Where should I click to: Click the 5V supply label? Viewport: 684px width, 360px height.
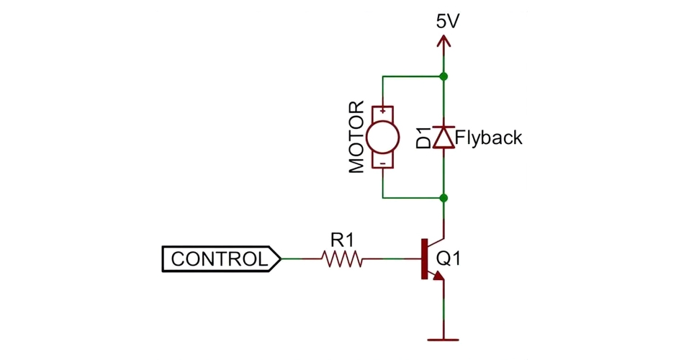click(447, 21)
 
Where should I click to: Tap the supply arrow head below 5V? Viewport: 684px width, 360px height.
click(444, 42)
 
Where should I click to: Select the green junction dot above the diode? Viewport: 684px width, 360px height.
click(444, 76)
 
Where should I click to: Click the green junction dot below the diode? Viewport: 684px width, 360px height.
click(444, 197)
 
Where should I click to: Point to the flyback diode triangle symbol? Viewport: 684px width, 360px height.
click(444, 137)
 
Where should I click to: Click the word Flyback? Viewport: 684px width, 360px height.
click(489, 137)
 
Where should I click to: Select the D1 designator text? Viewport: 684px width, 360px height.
click(424, 137)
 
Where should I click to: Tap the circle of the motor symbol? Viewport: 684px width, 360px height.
click(383, 137)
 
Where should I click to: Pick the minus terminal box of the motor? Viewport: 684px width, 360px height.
click(383, 162)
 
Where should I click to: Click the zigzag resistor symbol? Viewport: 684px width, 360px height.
click(342, 258)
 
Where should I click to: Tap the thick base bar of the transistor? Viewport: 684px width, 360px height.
click(423, 258)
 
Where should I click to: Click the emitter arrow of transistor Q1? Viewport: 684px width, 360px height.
click(438, 276)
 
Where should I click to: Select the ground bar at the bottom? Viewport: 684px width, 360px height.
click(444, 338)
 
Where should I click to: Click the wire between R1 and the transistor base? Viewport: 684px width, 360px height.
click(392, 258)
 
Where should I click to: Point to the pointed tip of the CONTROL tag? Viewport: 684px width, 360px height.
click(279, 258)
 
